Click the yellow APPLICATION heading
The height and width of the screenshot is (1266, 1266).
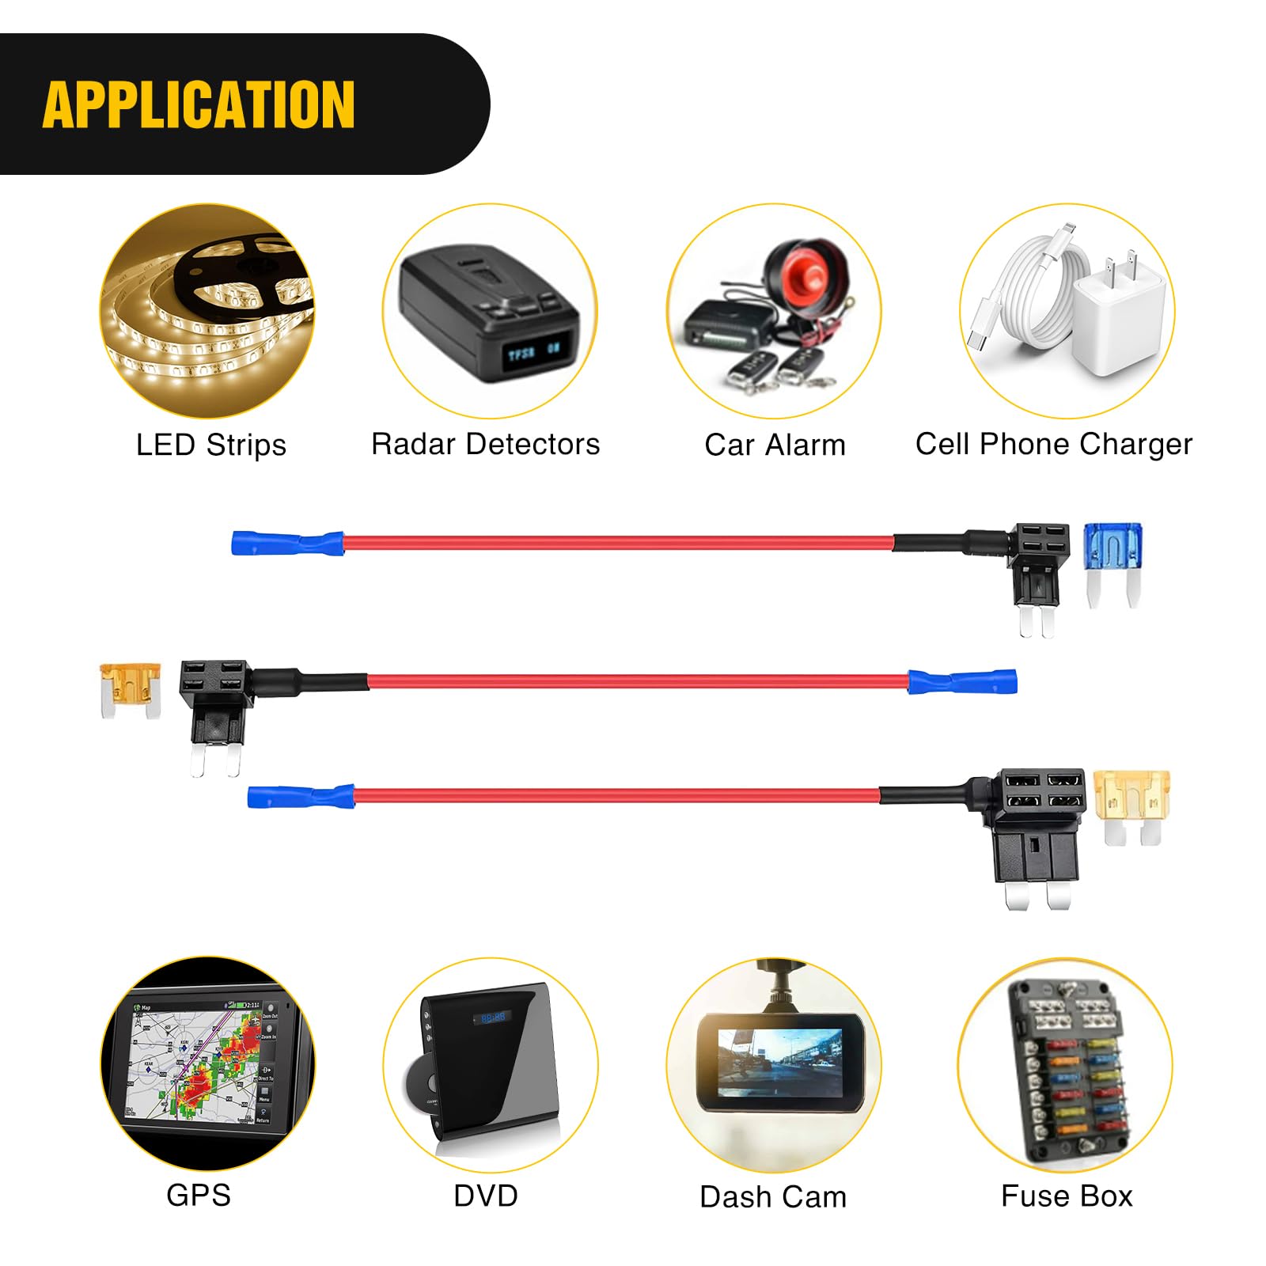(199, 104)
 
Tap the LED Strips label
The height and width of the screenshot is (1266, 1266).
(210, 445)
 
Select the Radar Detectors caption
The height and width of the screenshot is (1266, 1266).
(485, 444)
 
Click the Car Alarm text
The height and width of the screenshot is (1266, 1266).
(775, 445)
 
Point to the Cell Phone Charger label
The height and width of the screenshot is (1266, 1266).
(1053, 444)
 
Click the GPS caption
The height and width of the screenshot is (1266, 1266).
(198, 1195)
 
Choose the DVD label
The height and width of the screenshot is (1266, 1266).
(485, 1196)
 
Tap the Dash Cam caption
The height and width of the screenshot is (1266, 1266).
(773, 1196)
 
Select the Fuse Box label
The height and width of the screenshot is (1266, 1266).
(1067, 1196)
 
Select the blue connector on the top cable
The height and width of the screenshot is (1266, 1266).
(286, 544)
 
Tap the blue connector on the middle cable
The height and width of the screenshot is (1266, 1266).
(962, 681)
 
